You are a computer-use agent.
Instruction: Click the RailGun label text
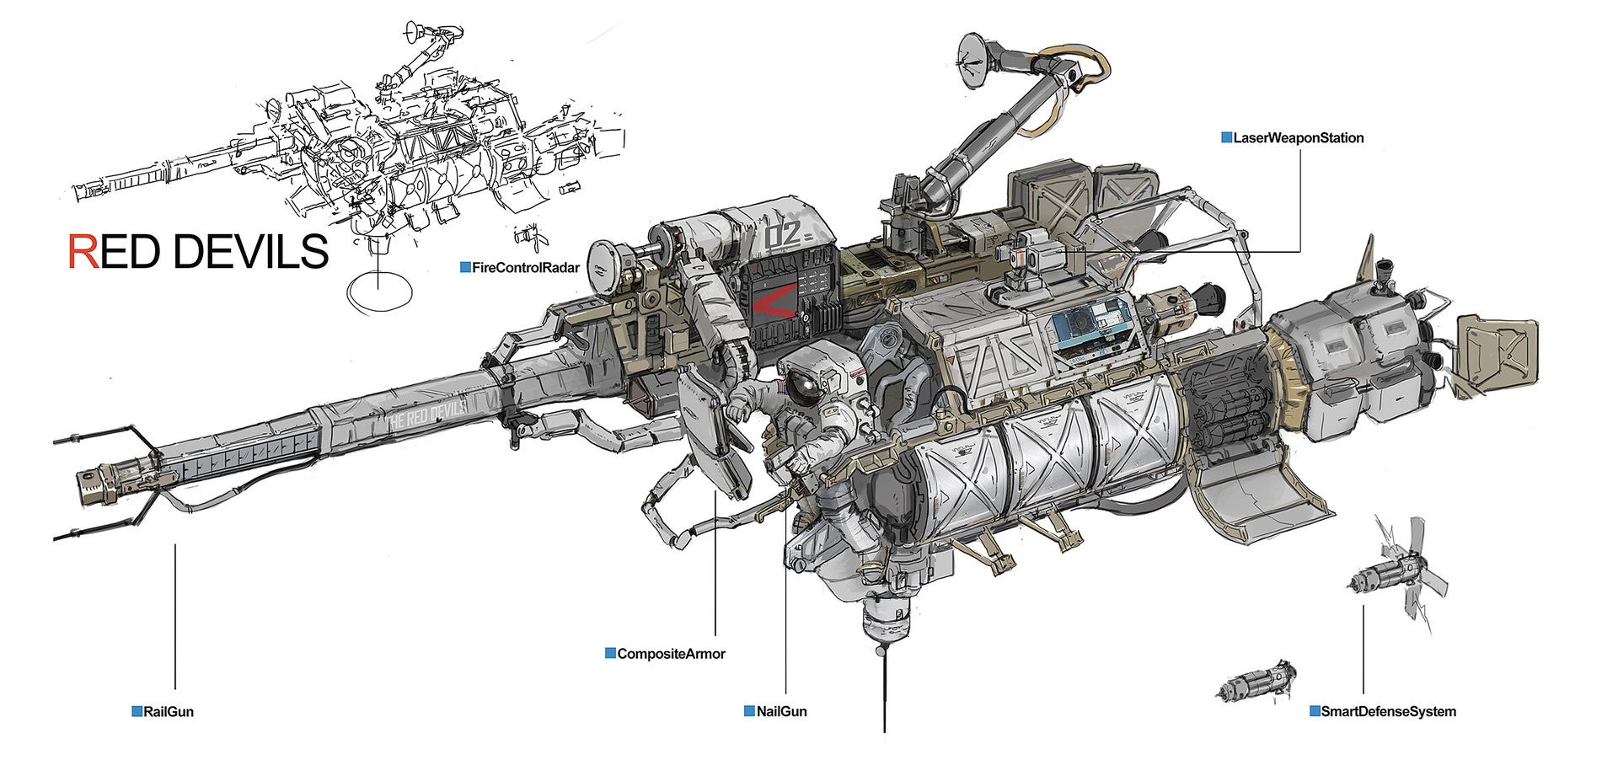tap(169, 712)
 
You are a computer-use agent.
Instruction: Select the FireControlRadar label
tap(526, 268)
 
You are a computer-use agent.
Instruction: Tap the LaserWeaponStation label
tap(1298, 137)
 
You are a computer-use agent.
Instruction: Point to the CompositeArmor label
tap(671, 654)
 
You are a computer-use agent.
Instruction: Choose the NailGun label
tap(781, 712)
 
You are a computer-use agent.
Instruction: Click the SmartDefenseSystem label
tap(1388, 712)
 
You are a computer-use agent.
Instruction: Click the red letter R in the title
tap(83, 251)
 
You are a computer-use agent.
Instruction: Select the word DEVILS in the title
tap(253, 251)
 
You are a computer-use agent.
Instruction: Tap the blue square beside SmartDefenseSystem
tap(1315, 711)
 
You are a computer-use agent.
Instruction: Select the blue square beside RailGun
tap(137, 711)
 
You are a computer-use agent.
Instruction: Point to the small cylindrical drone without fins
tap(1256, 682)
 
